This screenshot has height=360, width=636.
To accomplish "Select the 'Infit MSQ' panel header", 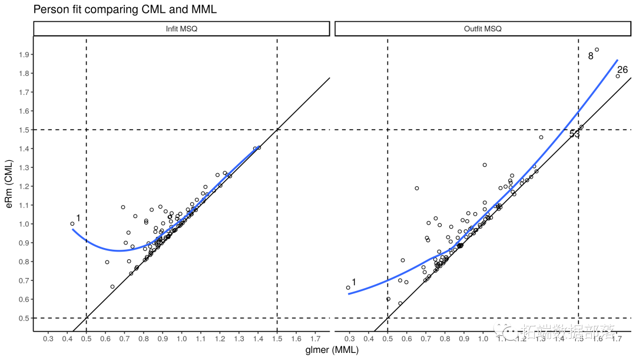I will (x=181, y=29).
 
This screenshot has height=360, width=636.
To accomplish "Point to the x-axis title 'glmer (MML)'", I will (x=332, y=350).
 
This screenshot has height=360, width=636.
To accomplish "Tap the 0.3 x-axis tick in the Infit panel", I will (x=48, y=339).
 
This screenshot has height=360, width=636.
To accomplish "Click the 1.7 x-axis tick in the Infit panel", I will (x=315, y=339).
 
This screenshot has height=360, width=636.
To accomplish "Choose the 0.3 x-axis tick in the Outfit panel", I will (x=349, y=339).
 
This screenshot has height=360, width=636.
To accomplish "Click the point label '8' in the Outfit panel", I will (x=591, y=57).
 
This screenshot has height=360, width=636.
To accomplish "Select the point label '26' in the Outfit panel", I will (x=622, y=70).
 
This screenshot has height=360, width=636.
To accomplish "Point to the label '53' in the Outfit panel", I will (x=574, y=134).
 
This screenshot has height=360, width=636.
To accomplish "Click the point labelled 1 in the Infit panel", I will (x=72, y=224).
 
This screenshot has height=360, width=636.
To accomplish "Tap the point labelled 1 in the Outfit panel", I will (x=348, y=288).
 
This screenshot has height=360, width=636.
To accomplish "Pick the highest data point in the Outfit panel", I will (x=597, y=50).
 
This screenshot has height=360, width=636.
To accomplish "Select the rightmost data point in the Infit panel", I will (x=259, y=147).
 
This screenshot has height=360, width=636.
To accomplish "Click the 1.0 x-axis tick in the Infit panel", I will (x=181, y=339).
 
